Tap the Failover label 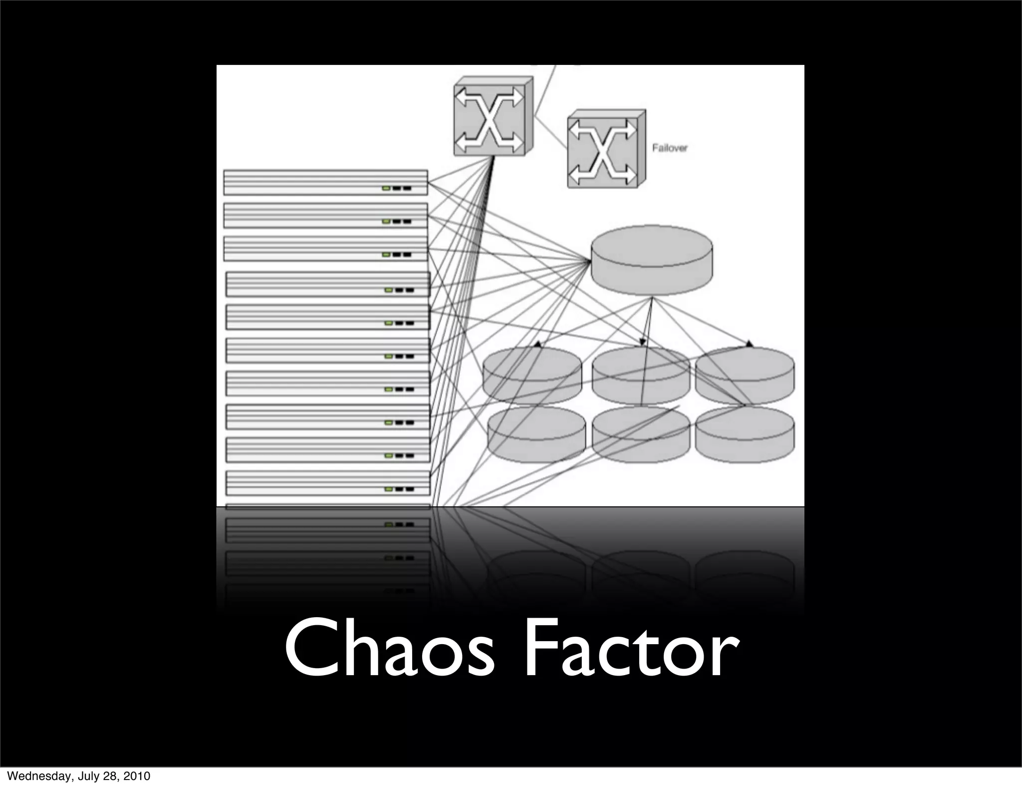pos(670,148)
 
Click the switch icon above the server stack pos(492,117)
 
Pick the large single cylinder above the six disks pos(652,260)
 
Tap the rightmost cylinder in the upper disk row pos(745,372)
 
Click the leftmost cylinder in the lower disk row pos(536,433)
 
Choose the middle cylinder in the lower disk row pos(641,433)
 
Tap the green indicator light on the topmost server pos(386,188)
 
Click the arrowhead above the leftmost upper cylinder pos(537,344)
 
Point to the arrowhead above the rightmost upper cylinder pos(749,344)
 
